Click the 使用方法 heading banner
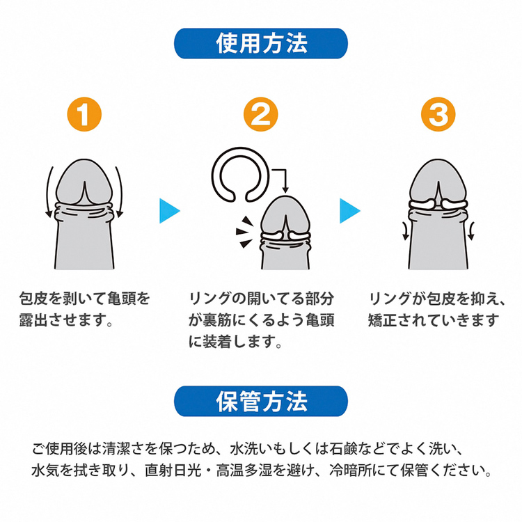[x=261, y=44]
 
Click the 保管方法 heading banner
[x=261, y=401]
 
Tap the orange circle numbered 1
[x=84, y=114]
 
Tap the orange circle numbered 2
[x=261, y=114]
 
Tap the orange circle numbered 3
[x=438, y=114]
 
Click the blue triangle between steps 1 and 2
[x=170, y=211]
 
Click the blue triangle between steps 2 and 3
[x=350, y=211]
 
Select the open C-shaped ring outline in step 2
[x=240, y=175]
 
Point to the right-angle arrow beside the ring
[x=280, y=181]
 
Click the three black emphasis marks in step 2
[x=244, y=232]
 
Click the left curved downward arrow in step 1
[x=49, y=192]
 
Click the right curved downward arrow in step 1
[x=120, y=192]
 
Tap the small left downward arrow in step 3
[x=405, y=231]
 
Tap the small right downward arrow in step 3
[x=471, y=231]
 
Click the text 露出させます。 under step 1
[x=66, y=320]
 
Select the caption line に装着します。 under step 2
[x=235, y=341]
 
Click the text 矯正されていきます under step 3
[x=434, y=320]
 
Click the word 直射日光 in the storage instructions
[x=173, y=470]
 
